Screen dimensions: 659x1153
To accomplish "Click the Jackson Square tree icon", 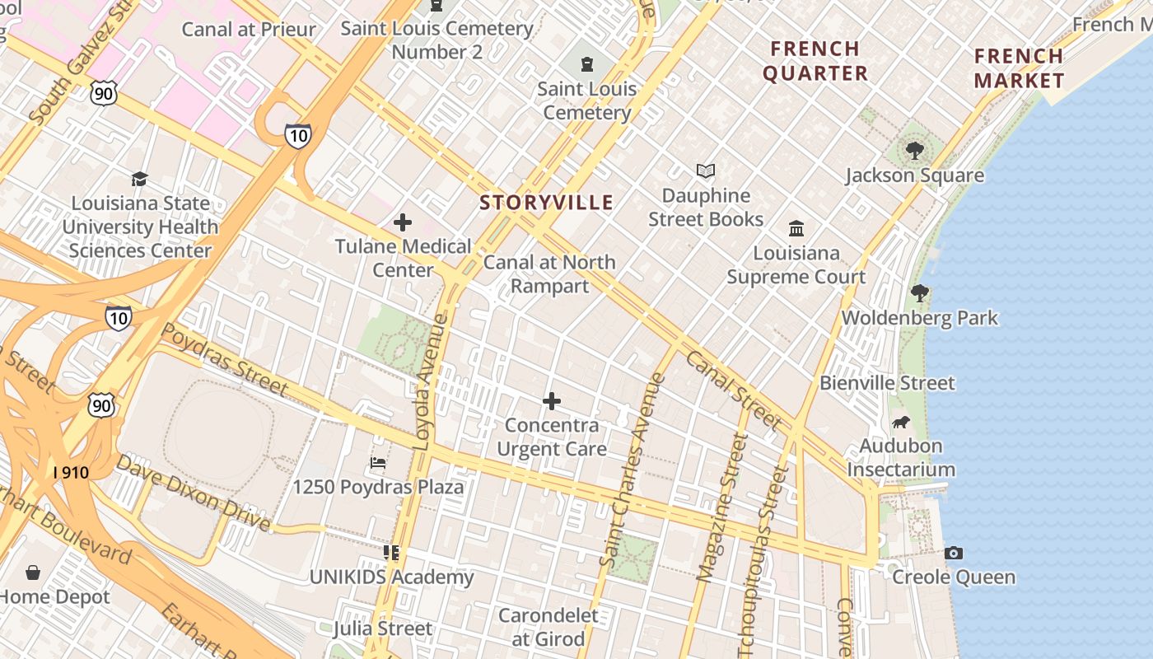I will tap(914, 151).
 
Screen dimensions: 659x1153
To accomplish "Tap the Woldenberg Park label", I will tap(920, 318).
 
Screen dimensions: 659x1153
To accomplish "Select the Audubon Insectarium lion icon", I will tap(901, 423).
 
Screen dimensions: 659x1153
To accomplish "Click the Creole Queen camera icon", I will tap(954, 553).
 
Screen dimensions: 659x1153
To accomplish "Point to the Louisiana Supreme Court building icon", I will tap(796, 228).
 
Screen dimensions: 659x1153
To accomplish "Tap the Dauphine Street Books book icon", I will tap(706, 171).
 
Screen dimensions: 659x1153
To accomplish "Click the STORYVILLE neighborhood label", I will tap(547, 203).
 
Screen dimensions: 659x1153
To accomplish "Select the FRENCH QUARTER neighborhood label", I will tap(815, 61).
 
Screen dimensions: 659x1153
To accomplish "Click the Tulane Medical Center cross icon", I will tap(403, 222).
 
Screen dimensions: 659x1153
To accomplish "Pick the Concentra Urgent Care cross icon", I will tap(552, 401).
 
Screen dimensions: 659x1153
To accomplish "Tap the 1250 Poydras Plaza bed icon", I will tap(378, 462).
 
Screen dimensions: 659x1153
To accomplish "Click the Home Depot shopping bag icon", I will tap(33, 572).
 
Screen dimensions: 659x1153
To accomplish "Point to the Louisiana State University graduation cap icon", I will tap(140, 179).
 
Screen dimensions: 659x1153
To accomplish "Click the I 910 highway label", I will tap(71, 473).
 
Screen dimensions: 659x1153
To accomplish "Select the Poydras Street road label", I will tap(224, 359).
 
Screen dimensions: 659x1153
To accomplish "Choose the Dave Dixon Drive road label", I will tap(193, 492).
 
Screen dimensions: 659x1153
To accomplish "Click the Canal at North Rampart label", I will tap(549, 273).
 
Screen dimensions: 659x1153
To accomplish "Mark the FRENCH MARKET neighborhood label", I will tap(1019, 68).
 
